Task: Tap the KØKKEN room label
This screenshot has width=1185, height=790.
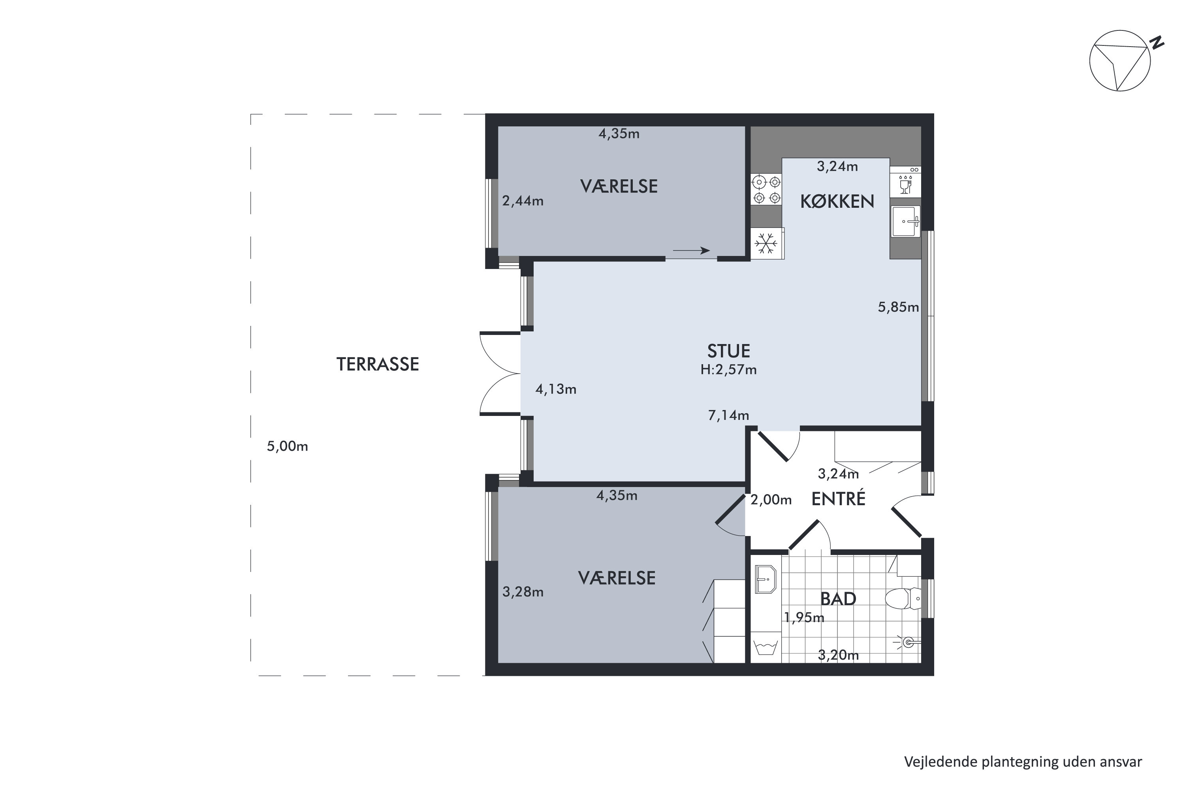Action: [837, 201]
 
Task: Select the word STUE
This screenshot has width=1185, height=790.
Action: [728, 351]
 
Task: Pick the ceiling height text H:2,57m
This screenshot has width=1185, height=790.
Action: [728, 370]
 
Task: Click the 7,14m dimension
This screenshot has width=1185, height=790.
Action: [728, 415]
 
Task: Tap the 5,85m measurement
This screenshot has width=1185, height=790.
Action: [898, 307]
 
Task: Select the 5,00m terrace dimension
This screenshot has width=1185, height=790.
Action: [287, 446]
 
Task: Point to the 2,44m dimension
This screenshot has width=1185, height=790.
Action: [523, 201]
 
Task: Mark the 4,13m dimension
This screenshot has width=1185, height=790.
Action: [556, 389]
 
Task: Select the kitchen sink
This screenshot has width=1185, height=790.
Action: [906, 221]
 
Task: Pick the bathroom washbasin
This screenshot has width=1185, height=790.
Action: [766, 579]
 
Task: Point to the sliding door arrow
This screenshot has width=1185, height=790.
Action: [691, 250]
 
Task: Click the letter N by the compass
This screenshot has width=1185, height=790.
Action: [1157, 43]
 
